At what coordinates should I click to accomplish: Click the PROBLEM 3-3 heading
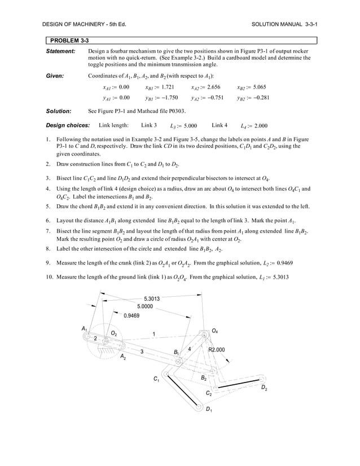pos(69,40)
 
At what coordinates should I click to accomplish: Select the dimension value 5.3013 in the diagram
pos(152,298)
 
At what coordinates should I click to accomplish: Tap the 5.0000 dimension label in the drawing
pos(144,306)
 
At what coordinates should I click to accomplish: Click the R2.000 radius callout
pos(217,350)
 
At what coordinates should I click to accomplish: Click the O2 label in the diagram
pos(114,333)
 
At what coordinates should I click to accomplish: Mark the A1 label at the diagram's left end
pos(85,328)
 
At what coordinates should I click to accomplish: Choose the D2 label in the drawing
pos(264,389)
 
